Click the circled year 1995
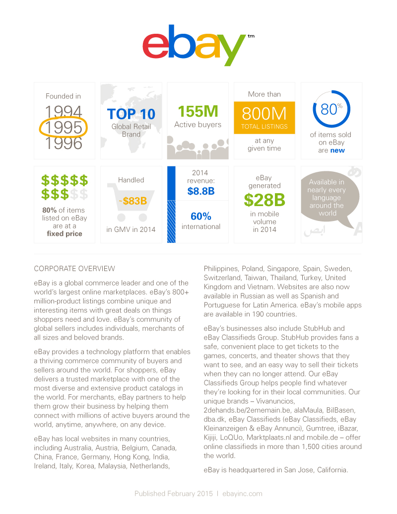click(x=64, y=127)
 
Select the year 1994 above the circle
click(x=64, y=112)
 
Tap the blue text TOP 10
click(x=131, y=114)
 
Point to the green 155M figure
click(x=198, y=111)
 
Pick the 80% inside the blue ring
click(x=331, y=109)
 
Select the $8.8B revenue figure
click(x=201, y=191)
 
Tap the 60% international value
click(x=200, y=216)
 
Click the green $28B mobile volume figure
click(x=264, y=200)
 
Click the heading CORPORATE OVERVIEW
click(x=74, y=269)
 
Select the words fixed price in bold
click(x=65, y=233)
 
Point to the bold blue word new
click(x=337, y=150)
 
